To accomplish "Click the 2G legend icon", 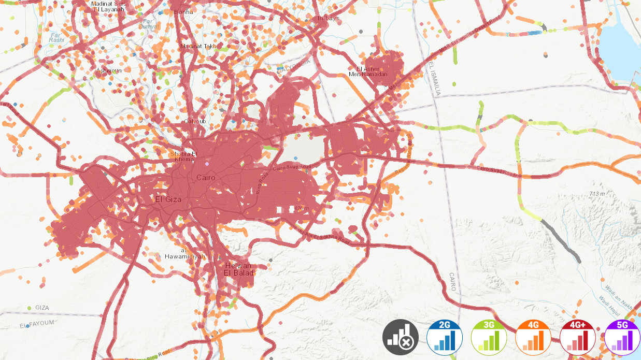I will click(445, 337).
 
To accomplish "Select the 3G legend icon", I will click(489, 337).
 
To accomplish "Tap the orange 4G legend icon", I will click(533, 337).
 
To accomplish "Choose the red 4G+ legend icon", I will click(578, 337).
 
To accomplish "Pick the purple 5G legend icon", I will click(622, 337).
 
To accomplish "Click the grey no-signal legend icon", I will click(401, 337).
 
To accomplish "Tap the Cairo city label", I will click(206, 178).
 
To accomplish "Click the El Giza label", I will click(167, 198).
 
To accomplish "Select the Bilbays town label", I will click(329, 18).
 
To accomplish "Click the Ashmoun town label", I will click(109, 70).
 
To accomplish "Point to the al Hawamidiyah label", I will click(185, 254).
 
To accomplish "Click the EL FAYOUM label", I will click(37, 325).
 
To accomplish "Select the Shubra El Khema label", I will click(184, 156).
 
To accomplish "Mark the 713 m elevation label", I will click(597, 194).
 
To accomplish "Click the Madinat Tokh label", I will click(198, 46).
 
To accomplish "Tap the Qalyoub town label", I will click(195, 121).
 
